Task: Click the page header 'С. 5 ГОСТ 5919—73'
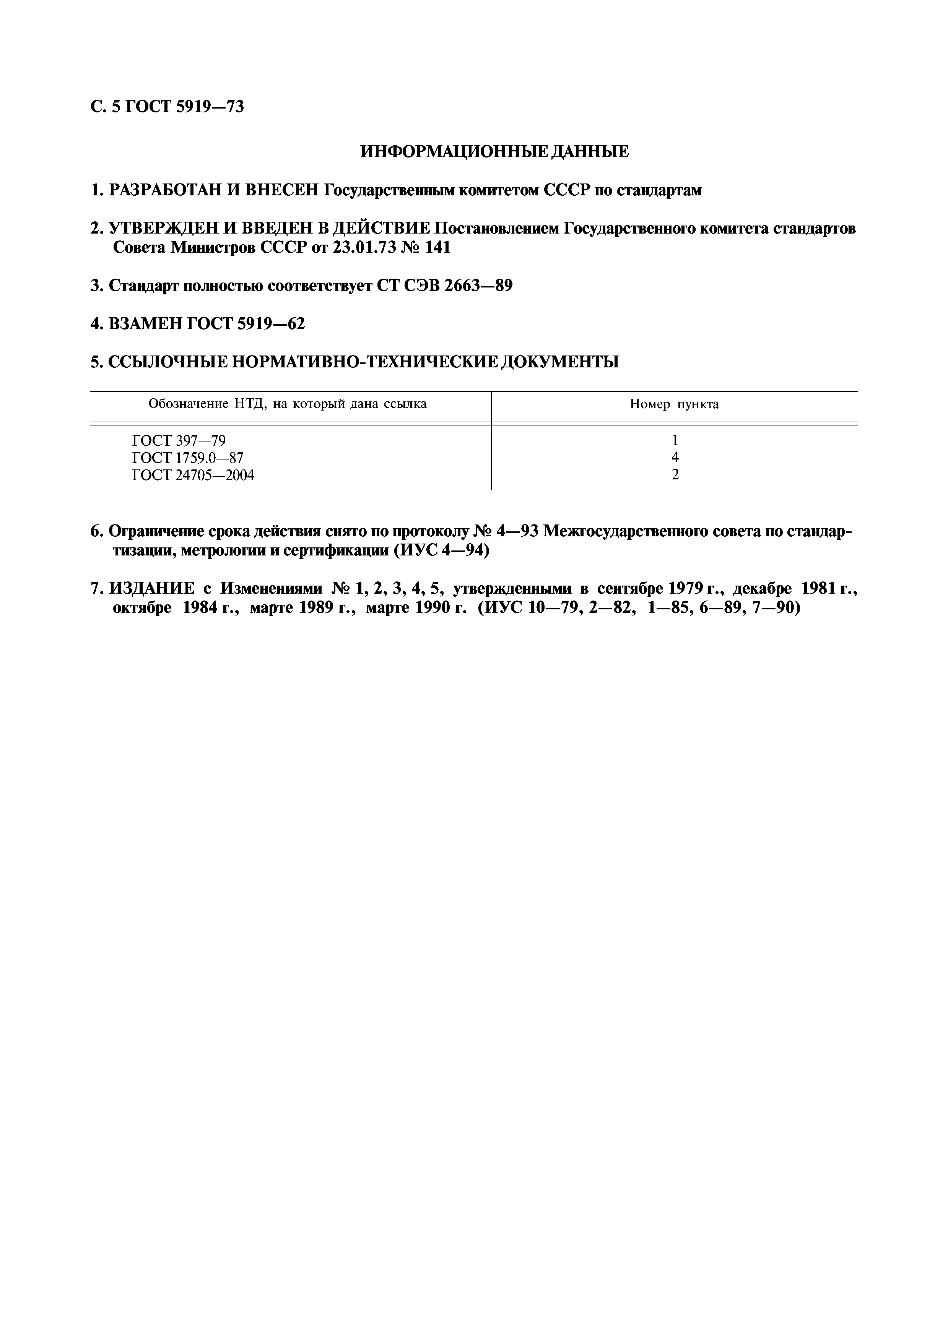pos(167,107)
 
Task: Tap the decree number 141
pos(438,247)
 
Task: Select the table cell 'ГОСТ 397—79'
pos(179,441)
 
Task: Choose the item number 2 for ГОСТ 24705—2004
pos(675,475)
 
